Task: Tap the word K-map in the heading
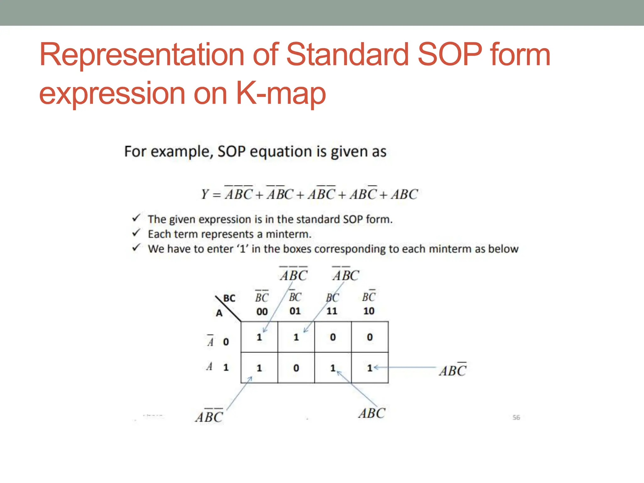(281, 93)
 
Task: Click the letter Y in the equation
(205, 194)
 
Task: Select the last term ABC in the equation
(404, 194)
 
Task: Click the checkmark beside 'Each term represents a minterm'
(136, 233)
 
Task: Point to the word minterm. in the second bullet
(288, 234)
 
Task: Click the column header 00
(262, 312)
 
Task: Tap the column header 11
(332, 311)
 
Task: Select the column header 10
(369, 311)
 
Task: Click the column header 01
(295, 311)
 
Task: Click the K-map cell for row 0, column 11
(333, 337)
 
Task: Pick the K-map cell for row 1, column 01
(296, 368)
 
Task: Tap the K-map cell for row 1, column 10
(370, 368)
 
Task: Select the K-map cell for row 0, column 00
(259, 337)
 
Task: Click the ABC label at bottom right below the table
(372, 413)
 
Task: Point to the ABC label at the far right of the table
(452, 370)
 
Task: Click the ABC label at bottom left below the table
(209, 417)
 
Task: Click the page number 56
(516, 418)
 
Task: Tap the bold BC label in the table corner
(229, 298)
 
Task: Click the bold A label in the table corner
(219, 313)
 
